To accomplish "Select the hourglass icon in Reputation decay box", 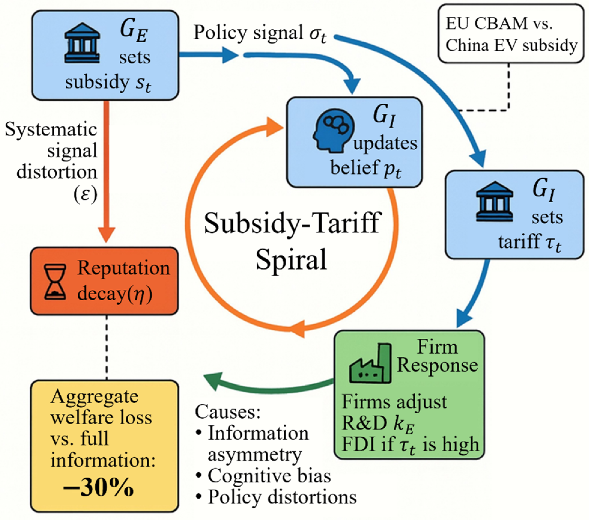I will [55, 282].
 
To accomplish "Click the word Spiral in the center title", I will [291, 259].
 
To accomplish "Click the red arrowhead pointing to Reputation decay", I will [107, 234].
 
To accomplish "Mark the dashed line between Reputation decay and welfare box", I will [107, 347].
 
